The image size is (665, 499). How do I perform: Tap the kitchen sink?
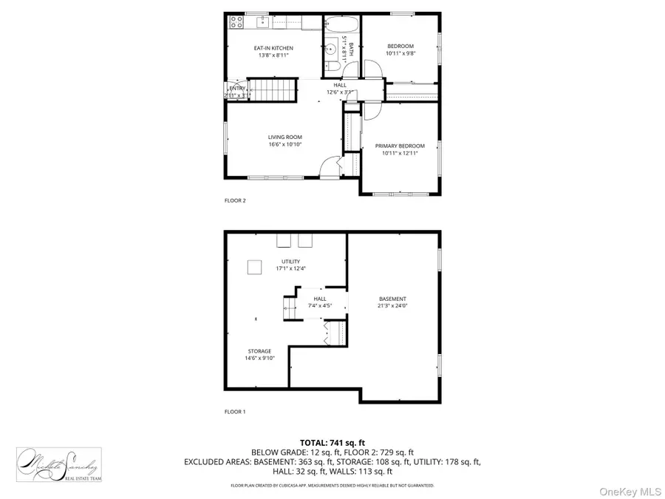tap(262, 23)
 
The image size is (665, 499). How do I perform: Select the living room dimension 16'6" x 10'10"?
tap(284, 145)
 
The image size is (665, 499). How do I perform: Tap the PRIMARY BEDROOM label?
tap(400, 146)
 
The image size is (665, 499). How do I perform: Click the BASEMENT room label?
tap(392, 299)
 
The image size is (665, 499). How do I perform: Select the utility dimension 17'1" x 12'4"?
tap(290, 269)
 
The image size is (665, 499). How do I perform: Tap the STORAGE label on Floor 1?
tap(259, 351)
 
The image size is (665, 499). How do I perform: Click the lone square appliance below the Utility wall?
tap(253, 266)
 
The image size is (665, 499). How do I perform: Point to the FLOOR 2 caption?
tap(235, 200)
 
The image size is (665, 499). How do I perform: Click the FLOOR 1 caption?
tap(235, 411)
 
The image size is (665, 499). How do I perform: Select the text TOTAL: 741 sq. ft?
tap(332, 441)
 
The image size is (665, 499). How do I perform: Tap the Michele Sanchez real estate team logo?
tap(59, 464)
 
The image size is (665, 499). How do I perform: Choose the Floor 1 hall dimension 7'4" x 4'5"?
tap(319, 305)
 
